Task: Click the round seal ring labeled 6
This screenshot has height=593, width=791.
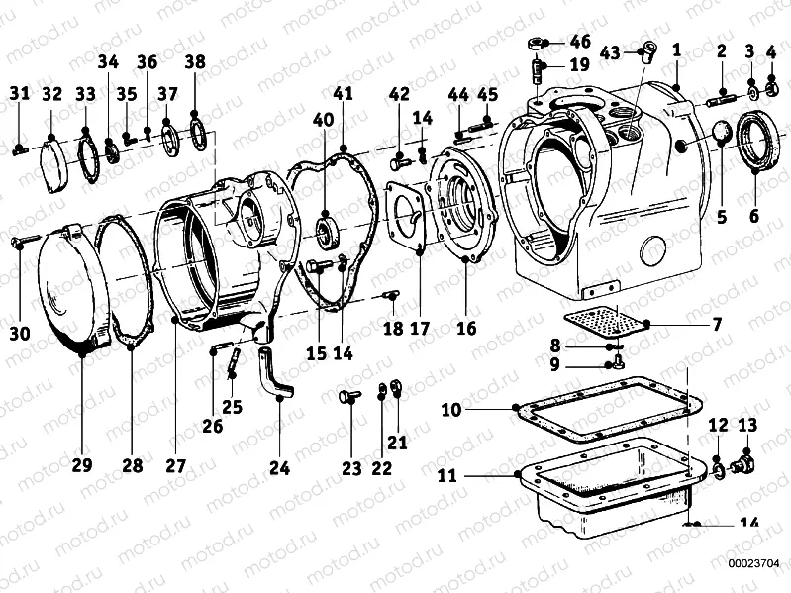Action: click(x=755, y=144)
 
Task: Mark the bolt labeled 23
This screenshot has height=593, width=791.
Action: click(x=346, y=398)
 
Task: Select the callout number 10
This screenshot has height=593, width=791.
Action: click(x=448, y=407)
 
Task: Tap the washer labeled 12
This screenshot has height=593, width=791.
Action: click(x=717, y=465)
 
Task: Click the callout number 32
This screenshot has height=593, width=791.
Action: click(x=51, y=94)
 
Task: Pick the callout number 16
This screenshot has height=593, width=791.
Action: click(x=465, y=328)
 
